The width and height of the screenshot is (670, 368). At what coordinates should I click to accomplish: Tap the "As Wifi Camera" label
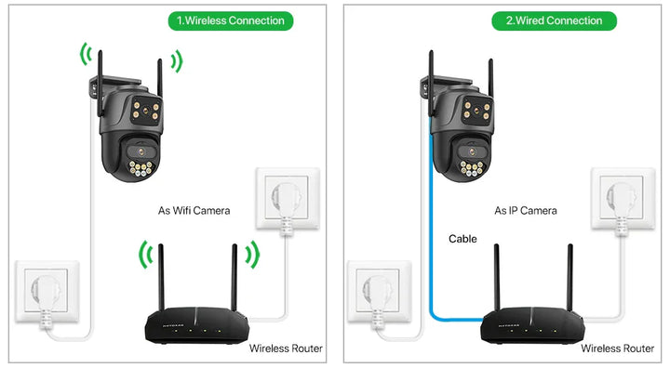(193, 211)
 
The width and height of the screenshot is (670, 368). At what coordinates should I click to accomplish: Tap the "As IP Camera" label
(526, 211)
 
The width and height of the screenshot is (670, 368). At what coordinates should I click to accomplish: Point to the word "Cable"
(462, 239)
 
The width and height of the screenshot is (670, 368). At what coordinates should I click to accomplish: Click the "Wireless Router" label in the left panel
(286, 348)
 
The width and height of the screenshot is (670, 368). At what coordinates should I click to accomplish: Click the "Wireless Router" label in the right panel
(617, 348)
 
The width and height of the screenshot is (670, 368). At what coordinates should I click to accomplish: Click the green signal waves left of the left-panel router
(144, 255)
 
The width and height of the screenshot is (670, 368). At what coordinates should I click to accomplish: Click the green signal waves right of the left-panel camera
(176, 61)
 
